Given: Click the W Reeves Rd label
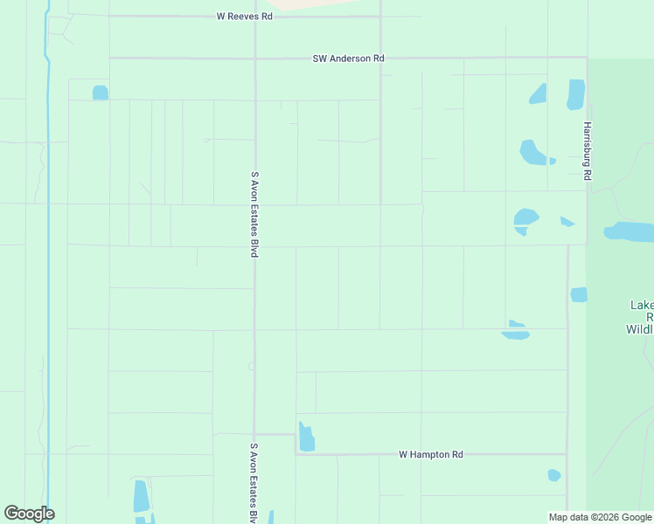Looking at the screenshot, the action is click(x=245, y=17).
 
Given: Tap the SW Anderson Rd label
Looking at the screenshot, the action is click(x=348, y=59).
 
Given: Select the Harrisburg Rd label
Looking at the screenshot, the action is click(x=588, y=151).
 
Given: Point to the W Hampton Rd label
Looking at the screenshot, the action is click(x=430, y=454).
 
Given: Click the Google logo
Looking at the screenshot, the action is click(x=29, y=514).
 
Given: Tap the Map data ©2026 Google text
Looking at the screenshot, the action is click(x=600, y=517).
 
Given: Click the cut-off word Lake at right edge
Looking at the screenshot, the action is click(x=642, y=305).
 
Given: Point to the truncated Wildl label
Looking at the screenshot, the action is click(x=640, y=329).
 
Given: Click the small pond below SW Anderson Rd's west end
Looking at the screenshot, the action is click(x=100, y=92).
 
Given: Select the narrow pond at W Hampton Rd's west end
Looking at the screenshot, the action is click(x=306, y=438).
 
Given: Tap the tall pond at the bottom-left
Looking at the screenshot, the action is click(x=141, y=496).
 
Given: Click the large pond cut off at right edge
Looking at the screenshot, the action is click(x=630, y=231).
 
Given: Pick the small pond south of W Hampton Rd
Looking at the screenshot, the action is click(x=553, y=475).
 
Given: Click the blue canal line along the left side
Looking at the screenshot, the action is click(x=46, y=262).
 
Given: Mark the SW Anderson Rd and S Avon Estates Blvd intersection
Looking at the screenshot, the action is click(x=254, y=59).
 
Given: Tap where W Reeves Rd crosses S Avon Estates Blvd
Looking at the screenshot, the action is click(x=254, y=17).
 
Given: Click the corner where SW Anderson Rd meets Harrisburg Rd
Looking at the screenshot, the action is click(x=587, y=59).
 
